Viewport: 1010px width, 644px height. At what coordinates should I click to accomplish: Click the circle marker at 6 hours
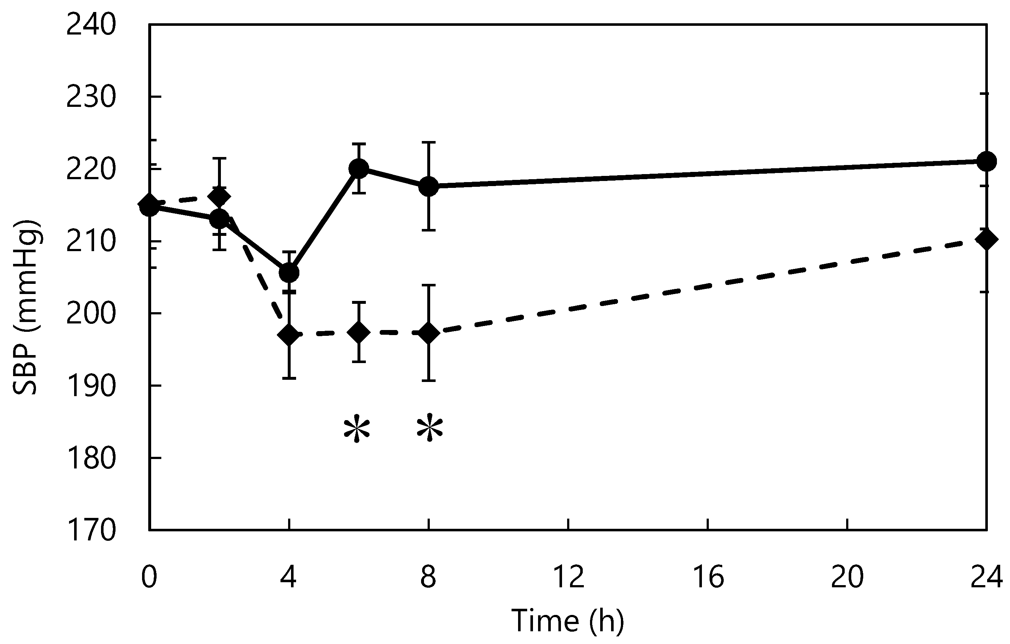pos(359,168)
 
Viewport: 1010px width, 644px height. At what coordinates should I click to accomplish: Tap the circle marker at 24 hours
pos(986,161)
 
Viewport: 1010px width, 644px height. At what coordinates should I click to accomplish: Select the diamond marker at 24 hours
pos(986,240)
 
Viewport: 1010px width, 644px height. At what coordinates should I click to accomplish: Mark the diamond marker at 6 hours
pos(359,332)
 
